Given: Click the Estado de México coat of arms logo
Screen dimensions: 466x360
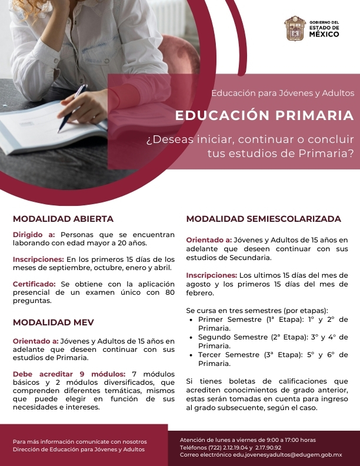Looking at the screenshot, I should click(295, 28).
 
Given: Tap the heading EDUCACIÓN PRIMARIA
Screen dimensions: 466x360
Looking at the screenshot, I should click(264, 115).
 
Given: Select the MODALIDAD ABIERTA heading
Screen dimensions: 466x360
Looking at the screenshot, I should click(63, 219).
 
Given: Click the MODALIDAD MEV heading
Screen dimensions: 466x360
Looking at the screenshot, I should click(54, 322).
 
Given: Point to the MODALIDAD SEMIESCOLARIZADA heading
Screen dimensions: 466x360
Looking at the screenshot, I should click(264, 219).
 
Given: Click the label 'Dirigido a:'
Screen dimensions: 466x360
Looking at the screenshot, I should click(34, 234).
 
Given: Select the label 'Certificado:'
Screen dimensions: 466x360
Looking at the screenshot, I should click(34, 284).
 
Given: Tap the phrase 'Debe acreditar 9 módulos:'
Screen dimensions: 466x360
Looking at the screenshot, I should click(69, 374).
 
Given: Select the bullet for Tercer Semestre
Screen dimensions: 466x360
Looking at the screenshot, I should click(193, 355).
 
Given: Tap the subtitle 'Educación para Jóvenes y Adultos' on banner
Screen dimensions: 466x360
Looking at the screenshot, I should click(282, 93).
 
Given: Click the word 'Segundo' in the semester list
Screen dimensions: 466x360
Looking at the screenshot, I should click(215, 337).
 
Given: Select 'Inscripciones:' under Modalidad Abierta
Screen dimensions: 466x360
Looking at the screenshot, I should click(38, 259).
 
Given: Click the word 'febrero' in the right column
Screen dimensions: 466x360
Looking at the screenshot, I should click(201, 292).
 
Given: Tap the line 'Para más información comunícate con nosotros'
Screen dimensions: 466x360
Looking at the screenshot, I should click(80, 441).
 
